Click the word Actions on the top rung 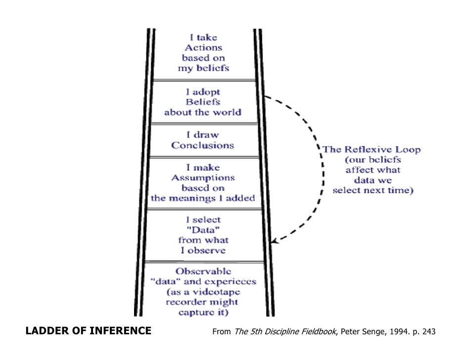click(x=203, y=48)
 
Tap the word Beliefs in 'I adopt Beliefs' click(x=203, y=102)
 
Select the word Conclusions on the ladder click(x=203, y=145)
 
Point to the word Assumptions click(x=203, y=178)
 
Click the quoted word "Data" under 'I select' click(x=203, y=230)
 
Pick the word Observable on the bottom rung click(x=203, y=271)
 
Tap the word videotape click(x=210, y=292)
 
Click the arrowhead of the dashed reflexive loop click(x=275, y=241)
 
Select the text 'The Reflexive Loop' click(x=372, y=150)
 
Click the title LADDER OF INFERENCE click(x=89, y=331)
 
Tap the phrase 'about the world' click(x=203, y=112)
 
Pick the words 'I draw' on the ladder click(x=203, y=135)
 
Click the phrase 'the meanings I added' click(x=203, y=198)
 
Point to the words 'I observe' click(x=203, y=251)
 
